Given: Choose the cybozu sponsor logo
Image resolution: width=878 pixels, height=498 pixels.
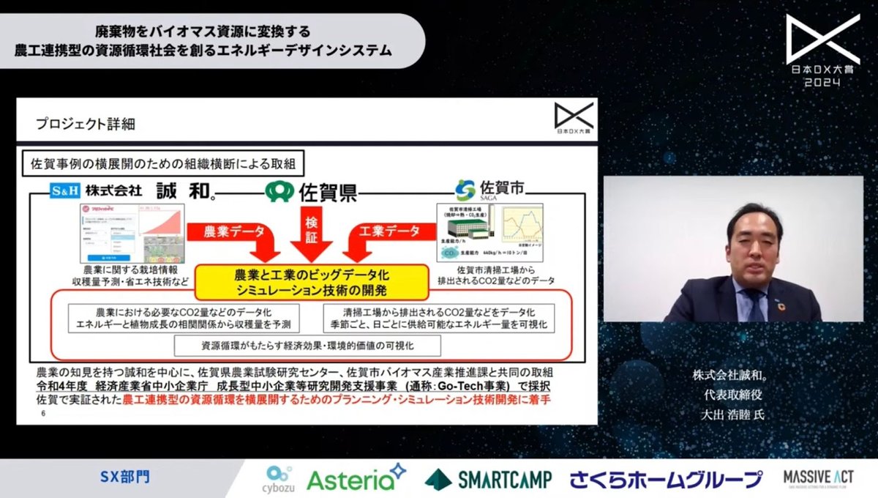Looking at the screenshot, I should pos(279,478).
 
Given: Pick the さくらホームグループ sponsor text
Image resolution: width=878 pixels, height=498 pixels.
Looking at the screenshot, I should pos(666,480).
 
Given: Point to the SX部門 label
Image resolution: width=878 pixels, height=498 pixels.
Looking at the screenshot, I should pos(124,477).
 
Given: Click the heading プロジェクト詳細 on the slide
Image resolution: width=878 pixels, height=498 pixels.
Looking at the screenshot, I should pos(86,124).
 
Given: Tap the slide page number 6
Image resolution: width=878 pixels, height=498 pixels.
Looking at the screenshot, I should pos(43,414).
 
